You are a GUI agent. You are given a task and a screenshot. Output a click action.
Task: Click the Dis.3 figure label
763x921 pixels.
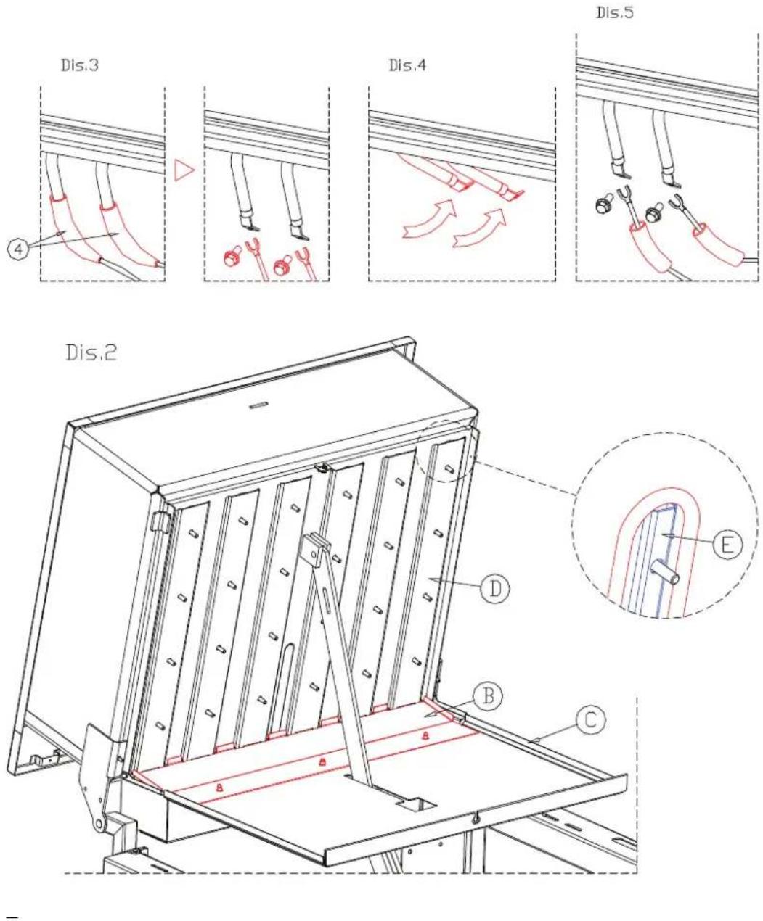[x=79, y=65]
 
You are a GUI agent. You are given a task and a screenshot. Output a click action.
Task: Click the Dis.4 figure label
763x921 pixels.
[x=407, y=65]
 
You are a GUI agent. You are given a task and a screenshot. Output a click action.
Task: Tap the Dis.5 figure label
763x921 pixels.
[x=615, y=12]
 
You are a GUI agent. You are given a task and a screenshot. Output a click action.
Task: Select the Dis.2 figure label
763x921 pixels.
[x=91, y=352]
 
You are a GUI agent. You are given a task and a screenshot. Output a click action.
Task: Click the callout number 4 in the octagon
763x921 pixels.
[x=18, y=249]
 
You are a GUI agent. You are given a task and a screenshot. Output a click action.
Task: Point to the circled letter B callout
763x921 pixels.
[x=488, y=696]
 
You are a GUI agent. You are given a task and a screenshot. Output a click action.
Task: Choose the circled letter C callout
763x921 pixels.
[x=591, y=720]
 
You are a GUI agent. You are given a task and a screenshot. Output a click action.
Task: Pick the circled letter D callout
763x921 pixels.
[x=494, y=588]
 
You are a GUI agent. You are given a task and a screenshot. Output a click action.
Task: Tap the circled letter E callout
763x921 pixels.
[x=727, y=545]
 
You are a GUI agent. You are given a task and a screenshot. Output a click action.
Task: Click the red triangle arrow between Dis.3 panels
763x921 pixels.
[x=183, y=170]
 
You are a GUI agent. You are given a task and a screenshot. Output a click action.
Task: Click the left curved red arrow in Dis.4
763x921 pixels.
[x=429, y=219]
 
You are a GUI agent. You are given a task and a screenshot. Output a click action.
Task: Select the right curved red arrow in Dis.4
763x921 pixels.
[x=481, y=227]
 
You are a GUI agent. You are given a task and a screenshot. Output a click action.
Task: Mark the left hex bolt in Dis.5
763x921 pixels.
[x=603, y=205]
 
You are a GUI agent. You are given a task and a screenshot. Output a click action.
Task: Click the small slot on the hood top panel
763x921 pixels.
[x=258, y=405]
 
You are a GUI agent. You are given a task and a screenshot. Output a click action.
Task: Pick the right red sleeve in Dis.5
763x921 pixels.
[x=717, y=247]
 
